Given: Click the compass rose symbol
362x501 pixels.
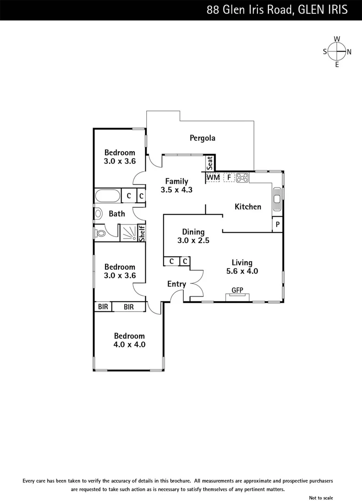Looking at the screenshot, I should [x=337, y=51].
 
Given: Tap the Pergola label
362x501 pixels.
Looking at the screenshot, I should [x=202, y=138].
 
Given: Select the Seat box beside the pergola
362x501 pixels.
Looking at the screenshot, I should [x=210, y=163].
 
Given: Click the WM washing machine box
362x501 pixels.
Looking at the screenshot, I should [x=213, y=177].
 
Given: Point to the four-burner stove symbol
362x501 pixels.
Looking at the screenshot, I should [x=242, y=177].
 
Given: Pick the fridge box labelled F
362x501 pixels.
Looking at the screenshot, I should [x=229, y=177].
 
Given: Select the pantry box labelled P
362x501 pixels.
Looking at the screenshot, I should [x=277, y=224].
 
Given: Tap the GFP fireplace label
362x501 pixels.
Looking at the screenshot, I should [x=237, y=290].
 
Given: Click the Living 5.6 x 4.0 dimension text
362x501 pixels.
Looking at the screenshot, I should [x=242, y=271].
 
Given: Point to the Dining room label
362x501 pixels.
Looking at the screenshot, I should [x=193, y=232].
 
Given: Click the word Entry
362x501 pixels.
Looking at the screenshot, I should [x=176, y=284].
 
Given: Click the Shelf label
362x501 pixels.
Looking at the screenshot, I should [x=142, y=233].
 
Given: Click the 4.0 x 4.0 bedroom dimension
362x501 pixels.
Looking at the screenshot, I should [x=130, y=345].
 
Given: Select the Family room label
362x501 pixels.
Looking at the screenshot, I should [x=176, y=181].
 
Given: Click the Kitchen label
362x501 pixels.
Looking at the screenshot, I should [x=248, y=206].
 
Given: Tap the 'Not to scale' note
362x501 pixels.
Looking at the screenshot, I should [x=321, y=498].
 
